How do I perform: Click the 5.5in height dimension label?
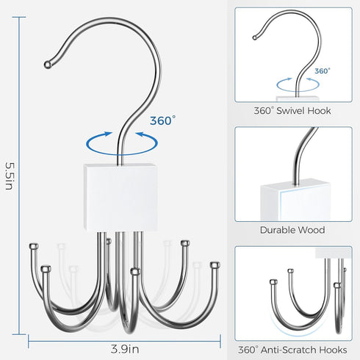[10, 176]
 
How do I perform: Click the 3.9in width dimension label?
[125, 349]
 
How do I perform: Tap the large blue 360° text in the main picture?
[162, 120]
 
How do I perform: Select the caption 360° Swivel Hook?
[292, 111]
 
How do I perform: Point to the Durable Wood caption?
[292, 230]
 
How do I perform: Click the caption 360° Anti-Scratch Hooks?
[292, 350]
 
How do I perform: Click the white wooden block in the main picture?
[121, 198]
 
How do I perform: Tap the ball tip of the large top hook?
[48, 65]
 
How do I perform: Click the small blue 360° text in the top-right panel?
[323, 71]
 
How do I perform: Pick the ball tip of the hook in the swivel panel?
[255, 37]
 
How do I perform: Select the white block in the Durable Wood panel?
[294, 200]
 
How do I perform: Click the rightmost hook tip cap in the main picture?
[215, 265]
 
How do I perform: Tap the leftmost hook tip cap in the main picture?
[34, 245]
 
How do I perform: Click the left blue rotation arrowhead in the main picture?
[107, 134]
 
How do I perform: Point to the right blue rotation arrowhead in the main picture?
[140, 134]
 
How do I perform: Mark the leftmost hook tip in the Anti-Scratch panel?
[273, 282]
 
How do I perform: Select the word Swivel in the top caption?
[290, 111]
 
